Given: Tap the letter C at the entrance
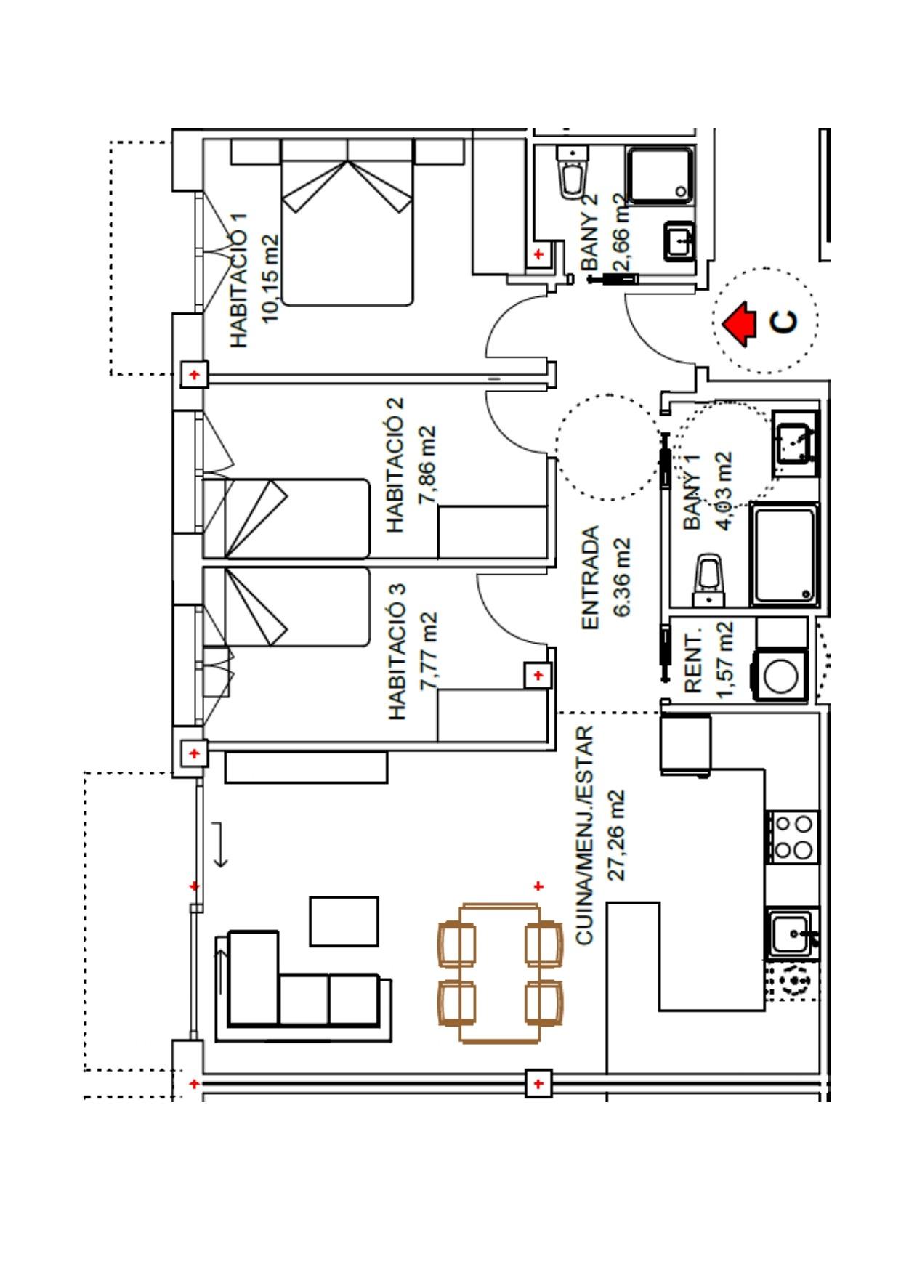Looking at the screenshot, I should [x=783, y=322].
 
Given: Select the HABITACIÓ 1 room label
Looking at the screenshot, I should [x=239, y=280].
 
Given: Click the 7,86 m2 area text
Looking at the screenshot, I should [x=427, y=465].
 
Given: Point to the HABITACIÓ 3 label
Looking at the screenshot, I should [x=397, y=652].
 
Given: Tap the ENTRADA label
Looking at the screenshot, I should [x=590, y=578].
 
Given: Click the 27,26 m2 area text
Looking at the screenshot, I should [x=616, y=835].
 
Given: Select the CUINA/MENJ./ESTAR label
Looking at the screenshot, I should [x=585, y=835].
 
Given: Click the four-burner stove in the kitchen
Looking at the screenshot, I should [x=793, y=837].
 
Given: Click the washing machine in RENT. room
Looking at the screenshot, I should [x=782, y=675].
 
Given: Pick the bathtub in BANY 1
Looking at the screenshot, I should [x=784, y=555].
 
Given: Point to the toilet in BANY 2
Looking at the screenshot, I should [x=572, y=174].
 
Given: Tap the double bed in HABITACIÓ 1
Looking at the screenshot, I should [x=347, y=222].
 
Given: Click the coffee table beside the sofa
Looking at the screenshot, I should [x=344, y=921].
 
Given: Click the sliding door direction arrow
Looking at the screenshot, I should [x=220, y=844].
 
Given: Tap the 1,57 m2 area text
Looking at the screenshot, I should [x=724, y=660].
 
